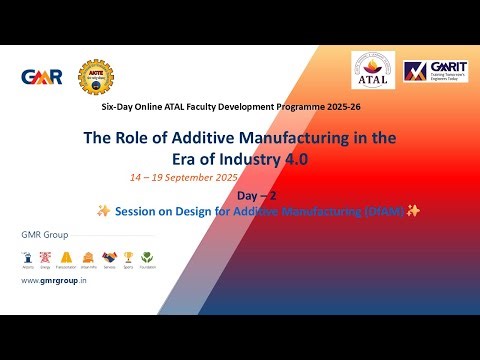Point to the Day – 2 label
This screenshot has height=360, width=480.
point(259,195)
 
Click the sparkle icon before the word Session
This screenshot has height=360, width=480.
point(102,211)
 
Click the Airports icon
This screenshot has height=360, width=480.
point(28,256)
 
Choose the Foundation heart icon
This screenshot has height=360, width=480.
point(148,256)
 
